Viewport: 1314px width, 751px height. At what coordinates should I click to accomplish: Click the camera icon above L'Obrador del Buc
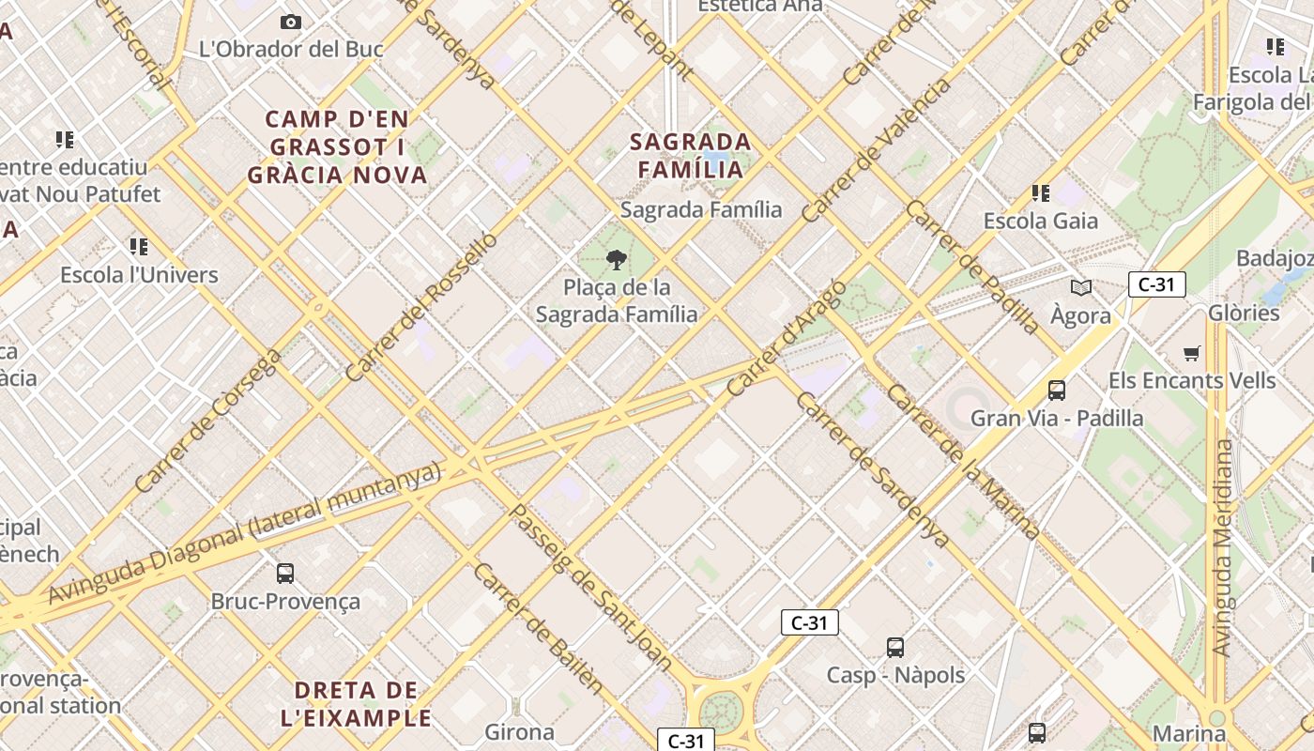(291, 22)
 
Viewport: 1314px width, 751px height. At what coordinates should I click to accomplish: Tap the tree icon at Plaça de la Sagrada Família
(617, 260)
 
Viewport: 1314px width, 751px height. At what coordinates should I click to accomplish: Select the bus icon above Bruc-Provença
(285, 573)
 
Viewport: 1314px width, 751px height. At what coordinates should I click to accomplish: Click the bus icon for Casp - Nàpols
(895, 647)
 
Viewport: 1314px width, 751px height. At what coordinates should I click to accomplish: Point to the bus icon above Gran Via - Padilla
(1057, 390)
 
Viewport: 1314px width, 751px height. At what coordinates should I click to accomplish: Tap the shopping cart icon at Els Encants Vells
(1192, 353)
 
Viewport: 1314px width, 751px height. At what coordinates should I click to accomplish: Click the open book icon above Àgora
(1081, 287)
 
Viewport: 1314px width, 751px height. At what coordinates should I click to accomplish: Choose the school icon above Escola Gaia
(1040, 193)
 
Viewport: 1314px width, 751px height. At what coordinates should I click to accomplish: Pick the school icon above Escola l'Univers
(139, 247)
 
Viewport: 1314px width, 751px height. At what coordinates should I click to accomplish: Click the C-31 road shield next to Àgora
(1156, 284)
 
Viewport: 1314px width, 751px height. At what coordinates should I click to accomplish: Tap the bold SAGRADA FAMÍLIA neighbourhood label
(691, 156)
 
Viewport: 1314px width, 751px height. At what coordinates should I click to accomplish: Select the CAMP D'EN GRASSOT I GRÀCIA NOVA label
(338, 147)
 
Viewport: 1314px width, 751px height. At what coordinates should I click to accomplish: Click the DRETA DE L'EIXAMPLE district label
(357, 704)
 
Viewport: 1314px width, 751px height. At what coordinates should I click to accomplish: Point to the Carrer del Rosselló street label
(421, 306)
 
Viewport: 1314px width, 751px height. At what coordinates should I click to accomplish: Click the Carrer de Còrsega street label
(207, 421)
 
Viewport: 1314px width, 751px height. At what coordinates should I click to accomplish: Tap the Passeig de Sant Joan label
(590, 589)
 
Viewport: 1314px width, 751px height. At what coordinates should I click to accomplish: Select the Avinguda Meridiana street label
(1222, 547)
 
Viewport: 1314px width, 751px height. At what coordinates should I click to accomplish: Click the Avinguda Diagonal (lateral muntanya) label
(244, 532)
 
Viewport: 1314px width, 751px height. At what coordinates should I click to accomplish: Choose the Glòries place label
(1244, 313)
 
